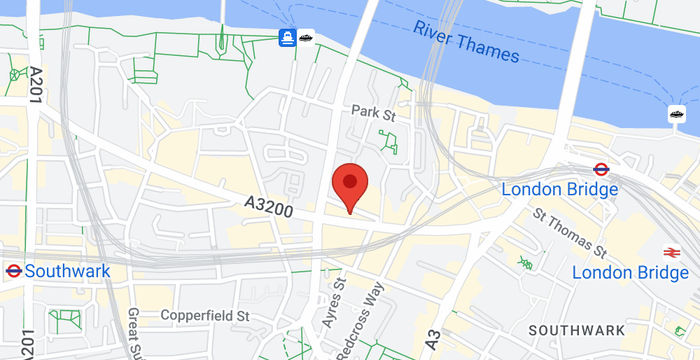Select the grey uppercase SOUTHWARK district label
click(x=577, y=330)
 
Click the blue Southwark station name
click(x=68, y=271)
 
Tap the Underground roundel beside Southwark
click(x=13, y=271)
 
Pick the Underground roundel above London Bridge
click(x=602, y=169)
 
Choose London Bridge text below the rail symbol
click(x=630, y=273)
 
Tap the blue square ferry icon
click(x=287, y=38)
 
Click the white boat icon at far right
click(x=677, y=114)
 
